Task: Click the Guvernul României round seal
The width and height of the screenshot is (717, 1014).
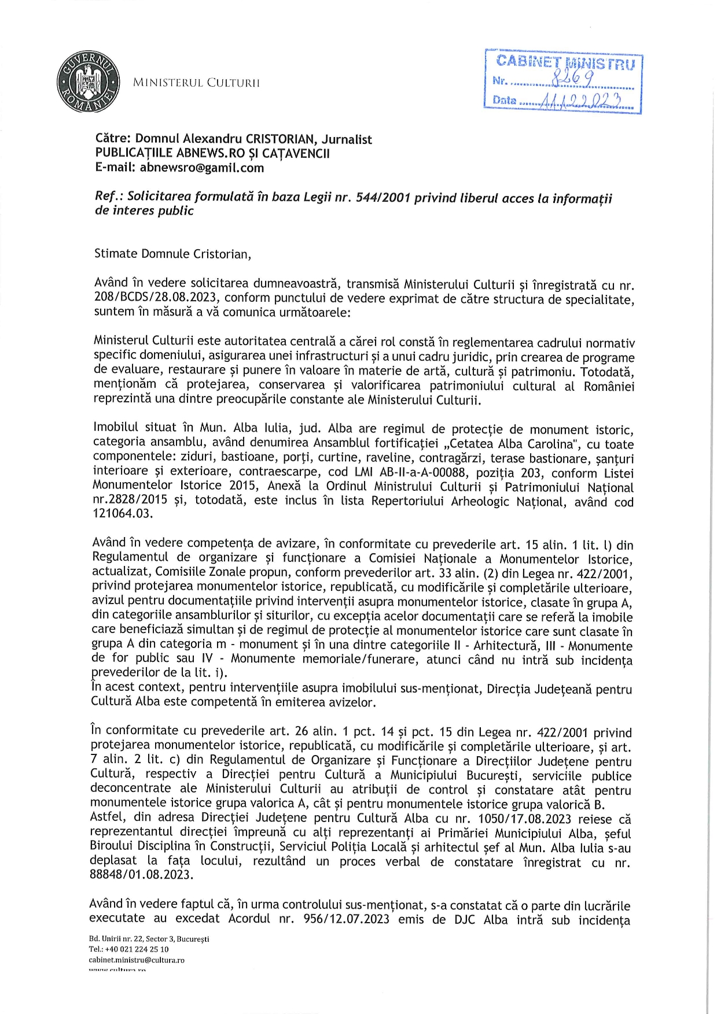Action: coord(89,82)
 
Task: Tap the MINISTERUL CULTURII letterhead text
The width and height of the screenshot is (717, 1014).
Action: coord(196,83)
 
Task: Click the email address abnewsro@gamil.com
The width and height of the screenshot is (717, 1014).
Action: coord(202,168)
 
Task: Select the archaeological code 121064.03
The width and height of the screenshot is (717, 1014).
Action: coord(123,513)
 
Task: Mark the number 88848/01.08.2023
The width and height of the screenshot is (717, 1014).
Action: coord(141,875)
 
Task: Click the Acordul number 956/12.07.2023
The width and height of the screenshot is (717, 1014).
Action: coord(346,919)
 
